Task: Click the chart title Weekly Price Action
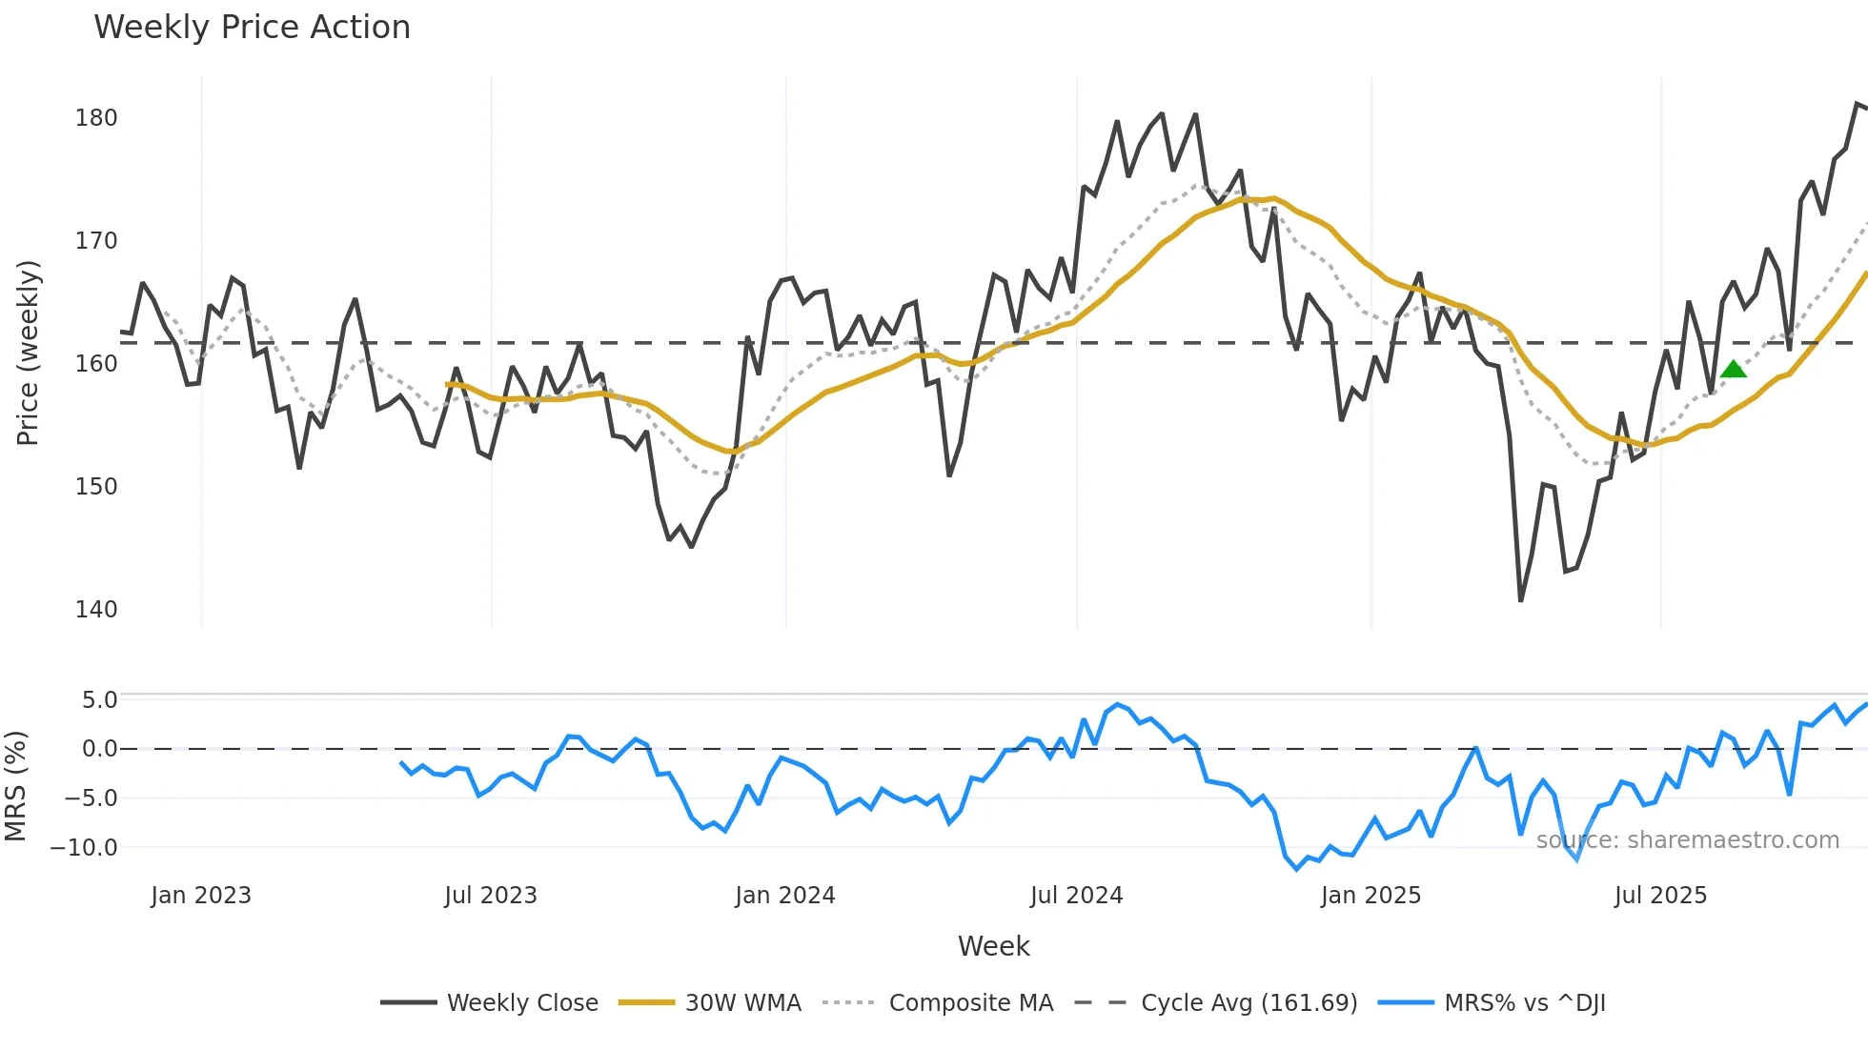tap(252, 27)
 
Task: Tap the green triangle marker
tap(1734, 369)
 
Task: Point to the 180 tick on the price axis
tap(96, 118)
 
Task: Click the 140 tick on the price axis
tap(96, 610)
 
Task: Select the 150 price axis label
tap(96, 487)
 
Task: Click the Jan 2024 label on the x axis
tap(784, 896)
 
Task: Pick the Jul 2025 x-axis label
tap(1660, 896)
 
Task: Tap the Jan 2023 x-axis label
tap(201, 896)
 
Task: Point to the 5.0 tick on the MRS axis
tap(99, 700)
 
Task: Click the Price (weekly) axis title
tap(28, 353)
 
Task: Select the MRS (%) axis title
tap(15, 786)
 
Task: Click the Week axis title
tap(993, 946)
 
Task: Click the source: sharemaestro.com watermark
tap(1687, 840)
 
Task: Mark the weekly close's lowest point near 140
tap(1520, 600)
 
